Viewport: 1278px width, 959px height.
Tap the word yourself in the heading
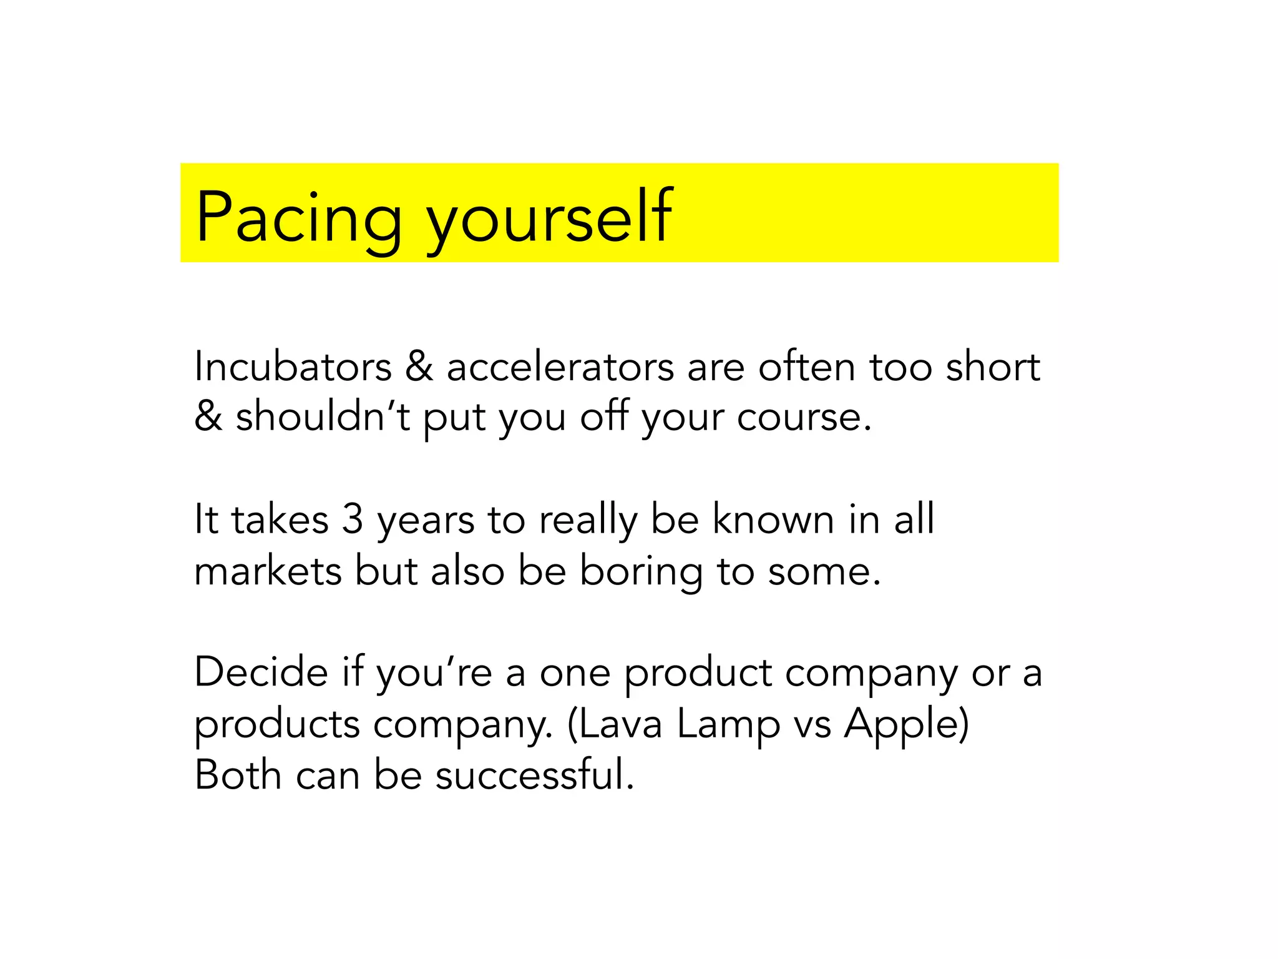click(549, 217)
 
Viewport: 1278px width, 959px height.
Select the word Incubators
click(293, 366)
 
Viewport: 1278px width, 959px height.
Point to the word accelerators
click(560, 366)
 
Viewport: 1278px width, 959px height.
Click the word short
click(993, 366)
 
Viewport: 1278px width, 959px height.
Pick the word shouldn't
click(323, 416)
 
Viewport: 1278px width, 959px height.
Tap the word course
click(803, 416)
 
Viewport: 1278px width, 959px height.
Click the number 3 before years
click(353, 519)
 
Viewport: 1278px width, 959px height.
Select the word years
click(426, 520)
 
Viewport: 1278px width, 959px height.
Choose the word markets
click(268, 571)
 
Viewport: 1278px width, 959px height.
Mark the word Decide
click(261, 672)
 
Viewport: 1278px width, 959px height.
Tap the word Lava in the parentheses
click(615, 724)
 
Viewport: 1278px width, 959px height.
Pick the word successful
click(534, 775)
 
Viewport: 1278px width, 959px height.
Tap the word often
click(806, 366)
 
